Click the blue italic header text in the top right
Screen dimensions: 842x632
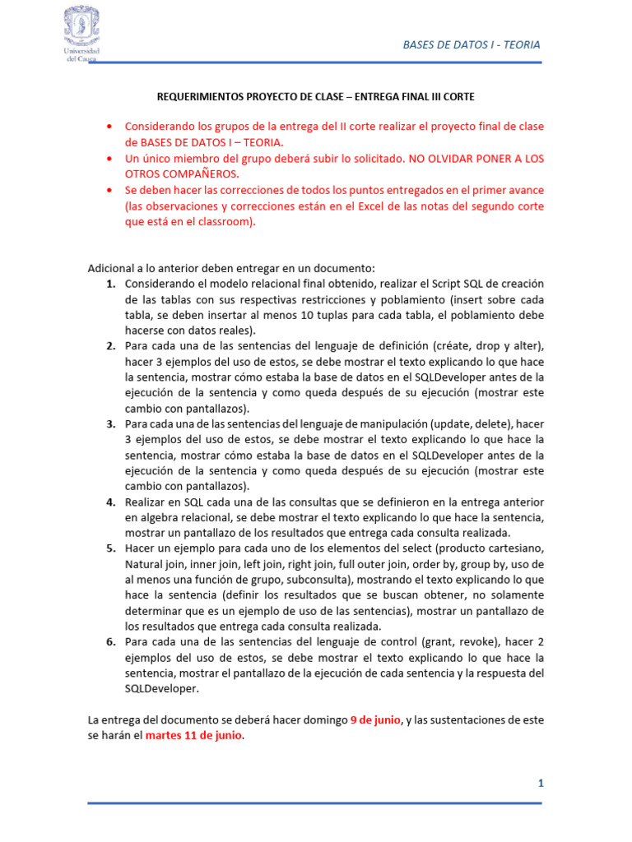click(x=472, y=44)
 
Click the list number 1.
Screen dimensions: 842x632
click(x=110, y=284)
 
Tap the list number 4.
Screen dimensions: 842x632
click(x=110, y=502)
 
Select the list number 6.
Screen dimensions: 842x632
click(x=110, y=642)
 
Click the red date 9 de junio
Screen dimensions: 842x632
click(x=376, y=719)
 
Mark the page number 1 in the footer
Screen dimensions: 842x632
click(x=541, y=784)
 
